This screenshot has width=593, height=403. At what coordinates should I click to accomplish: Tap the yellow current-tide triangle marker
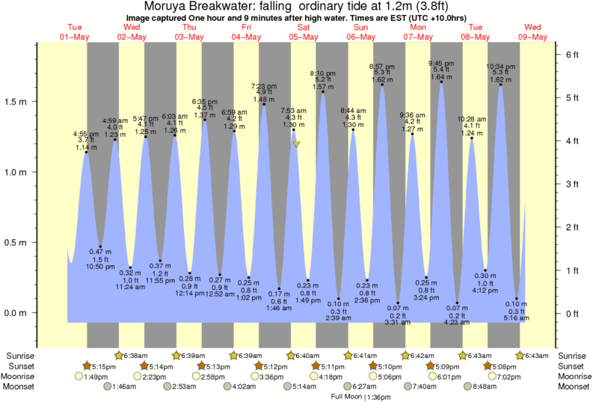(x=297, y=144)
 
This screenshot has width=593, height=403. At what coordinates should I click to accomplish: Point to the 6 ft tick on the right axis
(x=571, y=55)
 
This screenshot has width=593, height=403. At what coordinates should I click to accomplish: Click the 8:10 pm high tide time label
(x=322, y=73)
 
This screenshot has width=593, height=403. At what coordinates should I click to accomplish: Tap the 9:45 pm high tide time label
(x=441, y=63)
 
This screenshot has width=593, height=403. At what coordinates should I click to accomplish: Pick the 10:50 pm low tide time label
(x=99, y=267)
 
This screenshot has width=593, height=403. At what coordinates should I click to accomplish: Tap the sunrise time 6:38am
(x=135, y=355)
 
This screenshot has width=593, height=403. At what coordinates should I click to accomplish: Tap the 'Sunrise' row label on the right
(x=573, y=355)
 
